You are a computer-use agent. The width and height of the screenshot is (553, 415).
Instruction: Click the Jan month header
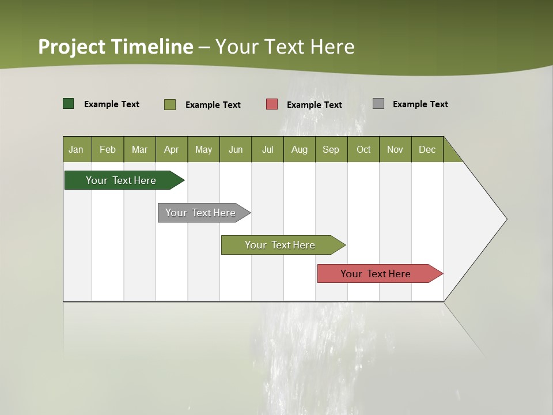pos(77,149)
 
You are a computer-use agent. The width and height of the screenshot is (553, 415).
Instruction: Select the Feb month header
pos(108,149)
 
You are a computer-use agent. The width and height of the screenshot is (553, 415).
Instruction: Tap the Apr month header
pos(172,149)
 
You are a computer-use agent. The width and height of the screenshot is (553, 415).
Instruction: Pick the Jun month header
pos(236,149)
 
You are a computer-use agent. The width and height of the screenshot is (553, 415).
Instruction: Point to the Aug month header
pos(300,149)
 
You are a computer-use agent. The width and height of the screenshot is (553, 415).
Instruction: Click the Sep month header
pos(331,149)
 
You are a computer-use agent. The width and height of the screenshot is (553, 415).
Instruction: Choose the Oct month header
pos(363,149)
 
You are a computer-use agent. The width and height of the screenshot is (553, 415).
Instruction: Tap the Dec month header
pos(427,149)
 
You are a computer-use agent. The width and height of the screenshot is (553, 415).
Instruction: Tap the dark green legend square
pos(69,104)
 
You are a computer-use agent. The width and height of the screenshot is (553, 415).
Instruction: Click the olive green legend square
pos(170,104)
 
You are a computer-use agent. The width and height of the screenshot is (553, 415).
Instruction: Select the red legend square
pos(272,104)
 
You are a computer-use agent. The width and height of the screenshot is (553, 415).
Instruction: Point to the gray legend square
pos(378,104)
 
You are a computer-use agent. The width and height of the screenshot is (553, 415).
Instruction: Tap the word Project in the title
pos(71,47)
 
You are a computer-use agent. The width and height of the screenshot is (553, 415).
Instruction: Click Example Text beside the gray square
pos(420,104)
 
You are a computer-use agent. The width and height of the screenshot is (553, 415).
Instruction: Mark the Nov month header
pos(395,149)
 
